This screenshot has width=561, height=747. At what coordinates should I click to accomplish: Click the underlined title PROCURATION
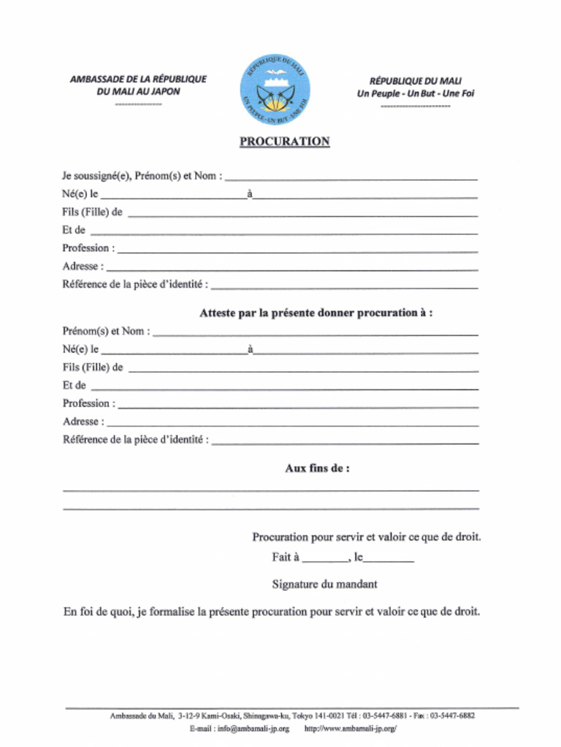click(284, 142)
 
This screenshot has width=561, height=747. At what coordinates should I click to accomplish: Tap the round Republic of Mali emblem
click(275, 90)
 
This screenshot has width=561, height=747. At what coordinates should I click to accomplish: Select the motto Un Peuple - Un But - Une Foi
click(415, 93)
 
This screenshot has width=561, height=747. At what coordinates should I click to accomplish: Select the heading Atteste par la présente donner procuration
click(316, 313)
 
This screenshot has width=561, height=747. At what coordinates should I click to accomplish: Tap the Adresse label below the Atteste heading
click(83, 422)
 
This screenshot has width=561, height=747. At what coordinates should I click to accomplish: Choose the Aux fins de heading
click(316, 468)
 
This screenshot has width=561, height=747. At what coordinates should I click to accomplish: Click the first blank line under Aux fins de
click(271, 489)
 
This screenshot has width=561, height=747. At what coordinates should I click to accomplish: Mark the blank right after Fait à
click(325, 561)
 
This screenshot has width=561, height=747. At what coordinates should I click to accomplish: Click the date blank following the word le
click(389, 561)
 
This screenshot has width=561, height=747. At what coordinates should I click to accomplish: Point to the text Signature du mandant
click(324, 584)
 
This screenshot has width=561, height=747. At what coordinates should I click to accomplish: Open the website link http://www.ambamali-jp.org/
click(350, 728)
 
